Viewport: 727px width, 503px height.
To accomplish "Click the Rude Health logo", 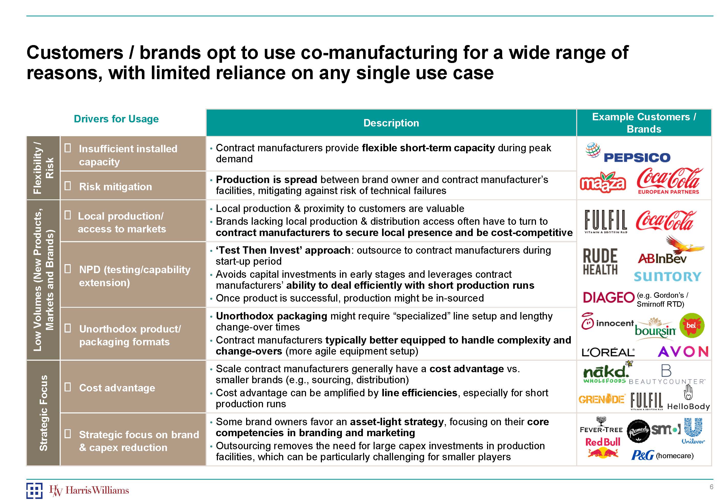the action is (x=600, y=262).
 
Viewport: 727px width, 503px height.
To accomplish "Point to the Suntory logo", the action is (x=667, y=277).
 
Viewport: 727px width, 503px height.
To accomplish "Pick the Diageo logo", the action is (x=608, y=297).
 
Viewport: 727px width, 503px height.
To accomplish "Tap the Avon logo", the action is (x=683, y=352).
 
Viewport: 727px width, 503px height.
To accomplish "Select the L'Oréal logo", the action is (x=608, y=352).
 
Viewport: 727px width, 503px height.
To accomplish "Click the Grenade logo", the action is (x=602, y=399).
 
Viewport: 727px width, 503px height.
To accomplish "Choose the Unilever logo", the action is (x=693, y=431).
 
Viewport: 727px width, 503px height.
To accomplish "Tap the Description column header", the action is (x=391, y=123).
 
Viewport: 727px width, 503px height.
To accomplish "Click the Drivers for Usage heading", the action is (x=116, y=119).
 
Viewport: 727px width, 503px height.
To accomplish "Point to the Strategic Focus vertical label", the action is (x=43, y=413).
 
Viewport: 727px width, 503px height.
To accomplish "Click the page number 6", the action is (x=711, y=487).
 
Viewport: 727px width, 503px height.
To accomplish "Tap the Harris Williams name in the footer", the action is (x=97, y=490).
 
